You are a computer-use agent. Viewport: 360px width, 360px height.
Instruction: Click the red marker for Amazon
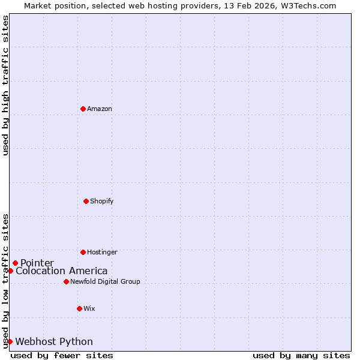pyautogui.click(x=83, y=109)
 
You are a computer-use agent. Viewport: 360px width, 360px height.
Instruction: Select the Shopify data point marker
pyautogui.click(x=86, y=201)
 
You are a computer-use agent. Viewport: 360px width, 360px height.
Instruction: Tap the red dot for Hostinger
pyautogui.click(x=83, y=252)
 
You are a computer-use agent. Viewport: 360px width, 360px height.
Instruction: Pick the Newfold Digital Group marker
pyautogui.click(x=66, y=281)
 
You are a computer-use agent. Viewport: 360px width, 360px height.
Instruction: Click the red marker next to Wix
pyautogui.click(x=79, y=308)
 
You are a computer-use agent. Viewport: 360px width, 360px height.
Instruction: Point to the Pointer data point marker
pyautogui.click(x=15, y=263)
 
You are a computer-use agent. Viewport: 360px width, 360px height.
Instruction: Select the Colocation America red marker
pyautogui.click(x=10, y=271)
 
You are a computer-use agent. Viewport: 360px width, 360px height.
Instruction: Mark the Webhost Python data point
pyautogui.click(x=10, y=341)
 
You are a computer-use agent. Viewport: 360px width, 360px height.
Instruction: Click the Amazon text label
pyautogui.click(x=100, y=109)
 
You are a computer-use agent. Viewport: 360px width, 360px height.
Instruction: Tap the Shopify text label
pyautogui.click(x=102, y=201)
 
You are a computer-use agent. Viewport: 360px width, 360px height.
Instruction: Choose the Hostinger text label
pyautogui.click(x=102, y=252)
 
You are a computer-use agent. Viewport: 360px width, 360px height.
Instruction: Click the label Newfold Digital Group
pyautogui.click(x=105, y=281)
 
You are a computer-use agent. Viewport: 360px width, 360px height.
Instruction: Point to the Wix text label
pyautogui.click(x=89, y=308)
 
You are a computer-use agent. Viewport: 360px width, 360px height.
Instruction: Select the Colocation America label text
pyautogui.click(x=62, y=271)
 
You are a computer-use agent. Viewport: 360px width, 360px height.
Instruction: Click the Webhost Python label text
pyautogui.click(x=54, y=342)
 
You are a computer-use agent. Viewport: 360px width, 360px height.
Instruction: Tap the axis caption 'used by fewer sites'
pyautogui.click(x=62, y=355)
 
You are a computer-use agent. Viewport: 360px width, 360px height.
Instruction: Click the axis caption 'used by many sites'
pyautogui.click(x=301, y=355)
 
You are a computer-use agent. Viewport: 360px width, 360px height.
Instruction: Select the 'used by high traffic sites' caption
pyautogui.click(x=5, y=85)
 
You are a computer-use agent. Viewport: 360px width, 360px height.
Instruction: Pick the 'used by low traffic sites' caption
pyautogui.click(x=5, y=281)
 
